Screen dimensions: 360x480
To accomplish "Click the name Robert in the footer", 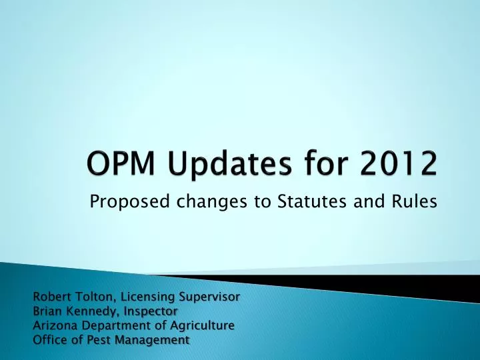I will point(52,296).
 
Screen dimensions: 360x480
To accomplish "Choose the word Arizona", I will point(54,325).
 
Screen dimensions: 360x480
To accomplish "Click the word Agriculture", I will point(200,326).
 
